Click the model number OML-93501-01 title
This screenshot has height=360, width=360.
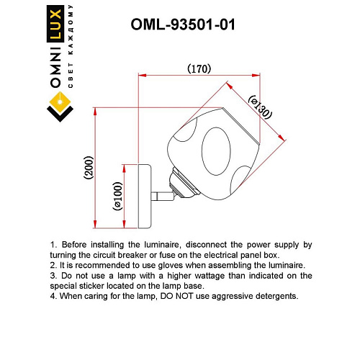tap(183, 24)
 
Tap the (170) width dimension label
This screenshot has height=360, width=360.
tap(199, 69)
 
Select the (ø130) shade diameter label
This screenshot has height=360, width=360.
tap(261, 107)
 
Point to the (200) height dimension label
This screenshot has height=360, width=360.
tap(89, 168)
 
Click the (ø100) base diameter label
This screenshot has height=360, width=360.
tap(117, 197)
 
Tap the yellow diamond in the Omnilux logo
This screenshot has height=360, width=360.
tap(60, 102)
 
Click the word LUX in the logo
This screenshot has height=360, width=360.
tap(55, 24)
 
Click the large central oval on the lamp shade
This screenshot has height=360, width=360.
tap(216, 151)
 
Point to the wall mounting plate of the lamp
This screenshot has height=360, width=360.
tap(145, 197)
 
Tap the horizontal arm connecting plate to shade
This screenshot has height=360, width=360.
tap(163, 196)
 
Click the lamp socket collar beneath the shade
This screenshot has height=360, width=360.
tap(184, 182)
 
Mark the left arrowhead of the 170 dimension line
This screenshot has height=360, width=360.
tap(143, 76)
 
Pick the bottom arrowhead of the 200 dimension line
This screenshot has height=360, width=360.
tap(95, 224)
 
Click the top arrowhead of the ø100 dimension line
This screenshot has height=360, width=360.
tap(124, 168)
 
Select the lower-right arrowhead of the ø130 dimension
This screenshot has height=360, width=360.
tap(282, 138)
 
